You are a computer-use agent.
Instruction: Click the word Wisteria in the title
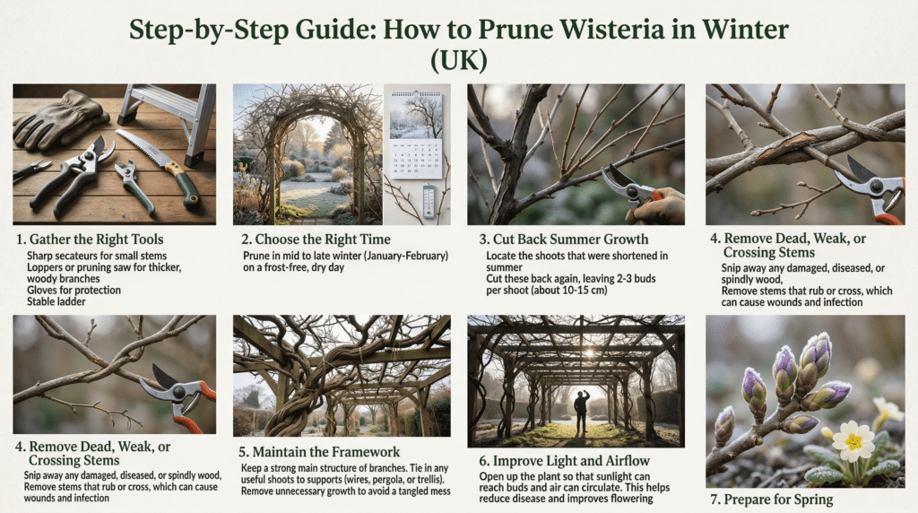(611, 30)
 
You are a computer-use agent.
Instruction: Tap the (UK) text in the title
(458, 60)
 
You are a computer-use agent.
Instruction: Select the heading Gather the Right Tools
(96, 239)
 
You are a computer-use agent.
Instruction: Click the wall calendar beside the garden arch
(416, 135)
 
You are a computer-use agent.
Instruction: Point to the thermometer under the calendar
(429, 200)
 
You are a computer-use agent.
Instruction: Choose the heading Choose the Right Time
(323, 239)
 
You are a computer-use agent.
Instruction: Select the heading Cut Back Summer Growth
(570, 239)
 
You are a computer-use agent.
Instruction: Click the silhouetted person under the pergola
(581, 412)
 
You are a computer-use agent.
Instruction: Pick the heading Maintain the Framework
(326, 452)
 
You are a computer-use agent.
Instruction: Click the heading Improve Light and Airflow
(571, 461)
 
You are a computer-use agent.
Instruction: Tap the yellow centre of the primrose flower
(853, 440)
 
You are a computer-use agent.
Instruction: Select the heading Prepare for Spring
(778, 500)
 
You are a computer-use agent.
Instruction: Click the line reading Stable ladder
(56, 301)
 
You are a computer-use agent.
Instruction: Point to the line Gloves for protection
(74, 290)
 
